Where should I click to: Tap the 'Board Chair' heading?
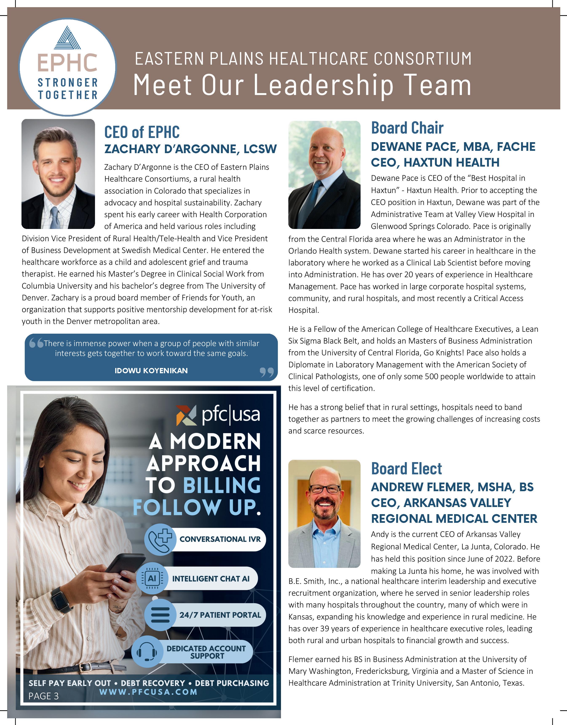tap(407, 128)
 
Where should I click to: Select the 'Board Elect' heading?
tap(406, 468)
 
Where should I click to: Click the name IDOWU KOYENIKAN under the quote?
tap(151, 371)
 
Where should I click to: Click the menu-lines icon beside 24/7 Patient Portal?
tap(160, 615)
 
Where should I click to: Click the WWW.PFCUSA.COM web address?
tap(148, 692)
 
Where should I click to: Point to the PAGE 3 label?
tap(43, 696)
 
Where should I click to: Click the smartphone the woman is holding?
tap(120, 567)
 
